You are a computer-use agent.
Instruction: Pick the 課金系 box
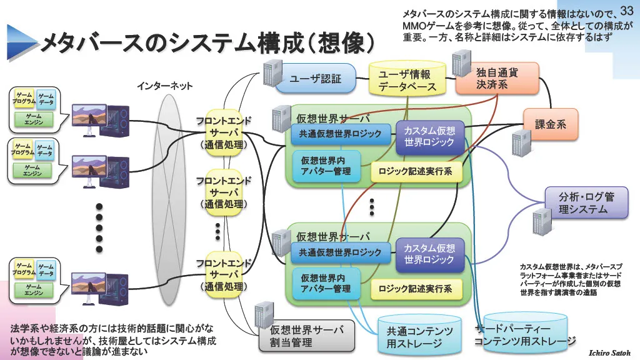point(551,124)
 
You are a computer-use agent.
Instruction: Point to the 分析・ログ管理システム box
point(586,203)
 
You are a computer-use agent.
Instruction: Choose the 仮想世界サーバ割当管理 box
point(306,336)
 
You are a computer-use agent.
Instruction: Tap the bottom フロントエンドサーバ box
point(224,275)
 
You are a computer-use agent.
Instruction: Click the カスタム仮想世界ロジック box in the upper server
point(430,137)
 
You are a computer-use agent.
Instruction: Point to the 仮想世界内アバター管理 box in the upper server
point(326,165)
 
